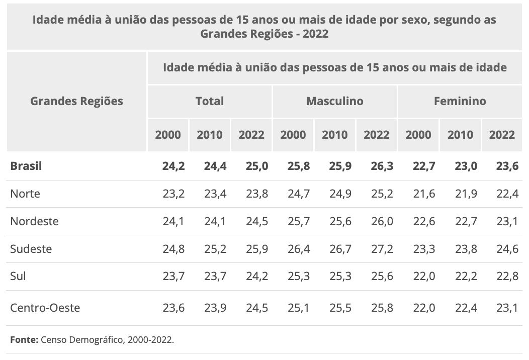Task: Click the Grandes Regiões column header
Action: pyautogui.click(x=76, y=101)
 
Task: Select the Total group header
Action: pyautogui.click(x=210, y=101)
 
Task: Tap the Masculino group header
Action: pyautogui.click(x=334, y=101)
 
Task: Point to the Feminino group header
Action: pyautogui.click(x=460, y=101)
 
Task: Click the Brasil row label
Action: pyautogui.click(x=26, y=166)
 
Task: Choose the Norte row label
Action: pyautogui.click(x=25, y=194)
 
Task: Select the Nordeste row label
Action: pyautogui.click(x=34, y=221)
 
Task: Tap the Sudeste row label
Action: pyautogui.click(x=31, y=249)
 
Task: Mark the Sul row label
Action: pyautogui.click(x=18, y=277)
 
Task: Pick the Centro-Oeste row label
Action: pyautogui.click(x=45, y=308)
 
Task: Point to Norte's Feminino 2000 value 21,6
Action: pyautogui.click(x=418, y=194)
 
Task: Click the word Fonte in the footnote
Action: pyautogui.click(x=23, y=340)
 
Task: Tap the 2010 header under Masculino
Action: pyautogui.click(x=334, y=135)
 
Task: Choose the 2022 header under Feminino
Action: pyautogui.click(x=502, y=135)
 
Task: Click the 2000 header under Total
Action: pyautogui.click(x=168, y=135)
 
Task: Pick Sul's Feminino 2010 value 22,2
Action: pyautogui.click(x=460, y=277)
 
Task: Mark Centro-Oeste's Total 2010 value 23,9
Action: pyautogui.click(x=210, y=308)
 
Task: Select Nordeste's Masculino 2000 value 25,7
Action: pyautogui.click(x=293, y=221)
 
